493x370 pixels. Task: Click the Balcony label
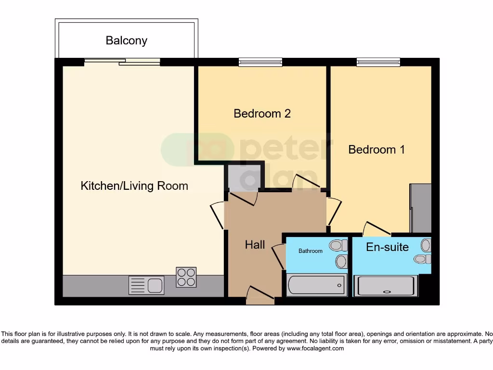[x=127, y=40]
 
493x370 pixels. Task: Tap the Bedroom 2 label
[x=262, y=114]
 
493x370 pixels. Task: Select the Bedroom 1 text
[x=376, y=150]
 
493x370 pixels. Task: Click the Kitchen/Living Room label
[x=134, y=186]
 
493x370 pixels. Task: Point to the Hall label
[x=255, y=245]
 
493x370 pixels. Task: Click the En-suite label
[x=387, y=247]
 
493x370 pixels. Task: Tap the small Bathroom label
[x=310, y=251]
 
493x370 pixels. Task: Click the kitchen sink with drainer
[x=146, y=285]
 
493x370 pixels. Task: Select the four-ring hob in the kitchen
[x=186, y=277]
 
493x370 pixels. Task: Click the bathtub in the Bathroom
[x=317, y=285]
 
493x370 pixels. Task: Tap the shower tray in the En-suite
[x=386, y=286]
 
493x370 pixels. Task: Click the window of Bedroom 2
[x=260, y=62]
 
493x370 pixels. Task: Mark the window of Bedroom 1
[x=378, y=62]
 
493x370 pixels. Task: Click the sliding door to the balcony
[x=122, y=61]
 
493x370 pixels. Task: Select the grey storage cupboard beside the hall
[x=243, y=177]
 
